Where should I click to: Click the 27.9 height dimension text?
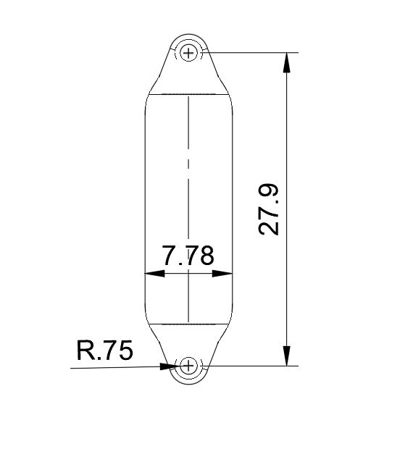[x=269, y=209]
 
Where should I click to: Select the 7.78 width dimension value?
[x=188, y=256]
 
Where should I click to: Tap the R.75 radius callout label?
[x=104, y=351]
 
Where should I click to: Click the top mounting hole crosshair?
[x=190, y=52]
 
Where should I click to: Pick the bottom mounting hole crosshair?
[x=188, y=366]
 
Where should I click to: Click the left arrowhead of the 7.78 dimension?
[x=154, y=274]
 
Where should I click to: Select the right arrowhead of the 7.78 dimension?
[x=224, y=274]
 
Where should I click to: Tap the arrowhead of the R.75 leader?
[x=168, y=366]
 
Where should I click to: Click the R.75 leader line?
[x=116, y=368]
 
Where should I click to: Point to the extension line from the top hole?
[x=246, y=52]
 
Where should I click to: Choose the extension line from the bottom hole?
[x=246, y=366]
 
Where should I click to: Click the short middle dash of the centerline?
[x=188, y=163]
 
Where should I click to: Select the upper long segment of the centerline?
[x=188, y=123]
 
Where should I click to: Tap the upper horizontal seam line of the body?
[x=188, y=95]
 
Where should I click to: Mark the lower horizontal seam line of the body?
[x=188, y=324]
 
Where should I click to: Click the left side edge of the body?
[x=145, y=210]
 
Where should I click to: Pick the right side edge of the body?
[x=233, y=210]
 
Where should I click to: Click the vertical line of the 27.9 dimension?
[x=287, y=145]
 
